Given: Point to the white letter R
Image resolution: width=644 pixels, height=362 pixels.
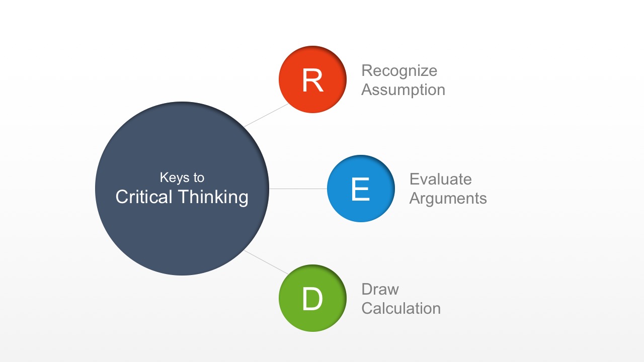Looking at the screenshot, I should click(312, 81).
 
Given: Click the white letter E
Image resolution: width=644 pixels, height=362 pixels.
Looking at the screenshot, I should click(360, 190).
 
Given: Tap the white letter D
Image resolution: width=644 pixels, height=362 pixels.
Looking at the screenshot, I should click(312, 300).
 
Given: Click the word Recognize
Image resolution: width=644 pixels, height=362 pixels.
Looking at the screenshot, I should click(399, 71).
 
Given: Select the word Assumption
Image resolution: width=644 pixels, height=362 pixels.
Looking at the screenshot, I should click(403, 90).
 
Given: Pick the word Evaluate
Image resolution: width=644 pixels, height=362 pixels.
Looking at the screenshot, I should click(440, 179).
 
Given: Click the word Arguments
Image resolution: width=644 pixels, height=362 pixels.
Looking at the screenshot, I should click(448, 198).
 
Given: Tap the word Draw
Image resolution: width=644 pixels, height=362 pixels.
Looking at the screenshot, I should click(380, 289).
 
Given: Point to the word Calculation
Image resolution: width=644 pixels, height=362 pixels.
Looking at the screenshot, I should click(400, 308).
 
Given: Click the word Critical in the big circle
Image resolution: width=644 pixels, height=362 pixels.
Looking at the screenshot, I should click(144, 197).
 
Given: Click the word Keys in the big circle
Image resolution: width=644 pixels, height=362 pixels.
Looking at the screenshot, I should click(174, 177).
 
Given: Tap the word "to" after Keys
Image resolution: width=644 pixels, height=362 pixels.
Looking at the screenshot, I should click(198, 178).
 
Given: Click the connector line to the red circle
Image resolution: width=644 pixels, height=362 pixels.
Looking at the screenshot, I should click(266, 115).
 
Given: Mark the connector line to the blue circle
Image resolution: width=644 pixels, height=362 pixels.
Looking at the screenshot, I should click(298, 189).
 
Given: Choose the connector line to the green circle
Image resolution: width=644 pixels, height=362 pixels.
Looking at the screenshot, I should click(266, 262).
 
